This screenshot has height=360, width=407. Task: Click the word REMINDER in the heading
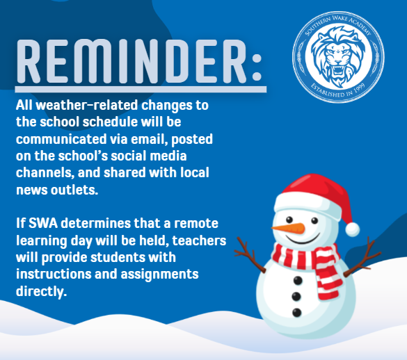(x=131, y=61)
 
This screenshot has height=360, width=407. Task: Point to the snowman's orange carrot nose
(x=288, y=228)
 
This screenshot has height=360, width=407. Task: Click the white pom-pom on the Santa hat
(x=352, y=229)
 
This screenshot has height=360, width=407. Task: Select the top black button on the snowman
(x=298, y=280)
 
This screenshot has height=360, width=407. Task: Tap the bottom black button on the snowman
(x=296, y=313)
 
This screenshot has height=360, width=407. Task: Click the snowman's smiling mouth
(x=303, y=239)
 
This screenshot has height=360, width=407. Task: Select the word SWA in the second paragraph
(x=43, y=223)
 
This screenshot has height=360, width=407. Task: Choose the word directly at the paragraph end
(x=41, y=291)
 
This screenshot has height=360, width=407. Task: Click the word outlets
(x=74, y=190)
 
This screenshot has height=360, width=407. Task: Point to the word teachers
(x=199, y=240)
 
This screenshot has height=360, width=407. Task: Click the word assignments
(x=159, y=275)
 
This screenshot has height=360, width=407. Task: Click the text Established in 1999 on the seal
(x=338, y=90)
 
